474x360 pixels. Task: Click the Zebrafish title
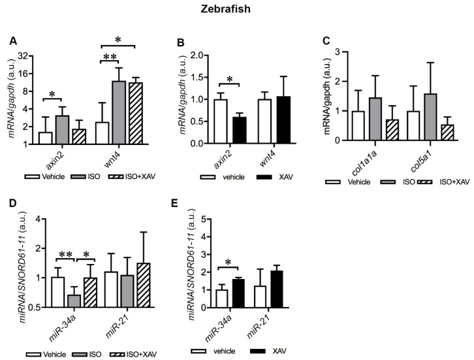point(237,11)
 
